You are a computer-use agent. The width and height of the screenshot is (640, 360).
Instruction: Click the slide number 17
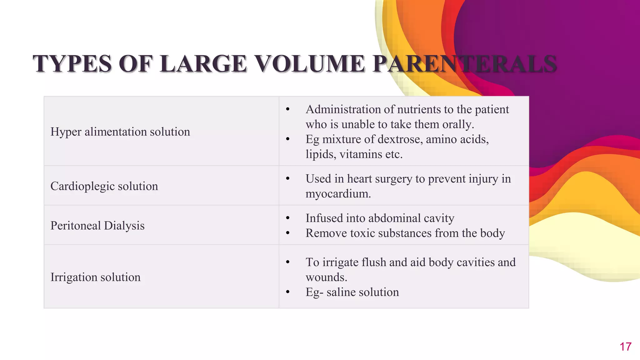pyautogui.click(x=625, y=347)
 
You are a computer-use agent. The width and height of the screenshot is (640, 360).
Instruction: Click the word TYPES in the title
pyautogui.click(x=72, y=64)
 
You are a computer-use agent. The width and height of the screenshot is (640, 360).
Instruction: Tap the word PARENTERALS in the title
pyautogui.click(x=464, y=64)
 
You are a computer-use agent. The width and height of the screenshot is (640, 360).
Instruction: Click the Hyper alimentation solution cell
pyautogui.click(x=120, y=132)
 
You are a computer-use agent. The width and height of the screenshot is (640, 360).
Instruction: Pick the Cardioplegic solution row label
pyautogui.click(x=104, y=186)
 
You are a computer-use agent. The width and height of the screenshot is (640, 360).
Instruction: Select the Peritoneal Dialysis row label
pyautogui.click(x=97, y=226)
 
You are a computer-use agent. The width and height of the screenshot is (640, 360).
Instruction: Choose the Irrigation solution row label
pyautogui.click(x=95, y=277)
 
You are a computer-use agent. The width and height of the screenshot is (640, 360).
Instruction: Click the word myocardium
pyautogui.click(x=337, y=194)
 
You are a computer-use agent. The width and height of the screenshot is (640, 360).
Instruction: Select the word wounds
pyautogui.click(x=326, y=277)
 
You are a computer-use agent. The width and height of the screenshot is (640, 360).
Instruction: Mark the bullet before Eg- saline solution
pyautogui.click(x=288, y=292)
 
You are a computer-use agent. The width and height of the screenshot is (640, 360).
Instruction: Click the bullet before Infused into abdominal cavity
pyautogui.click(x=288, y=218)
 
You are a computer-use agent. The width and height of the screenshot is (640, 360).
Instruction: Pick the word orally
pyautogui.click(x=458, y=124)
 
